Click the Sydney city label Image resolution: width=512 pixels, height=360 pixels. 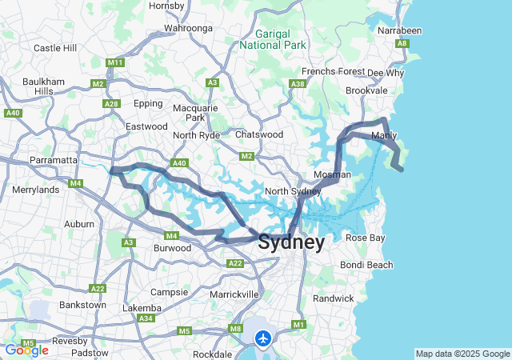point(291,242)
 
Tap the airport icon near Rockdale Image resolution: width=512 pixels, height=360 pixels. point(262,338)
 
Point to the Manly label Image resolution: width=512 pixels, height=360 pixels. point(385,136)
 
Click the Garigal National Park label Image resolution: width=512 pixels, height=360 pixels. point(273,39)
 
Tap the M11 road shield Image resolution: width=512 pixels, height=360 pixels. point(115,62)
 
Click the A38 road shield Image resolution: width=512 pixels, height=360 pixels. point(298,83)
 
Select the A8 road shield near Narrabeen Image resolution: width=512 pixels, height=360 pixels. point(402,43)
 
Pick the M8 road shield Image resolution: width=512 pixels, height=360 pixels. point(235,329)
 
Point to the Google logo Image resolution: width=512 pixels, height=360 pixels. point(26,350)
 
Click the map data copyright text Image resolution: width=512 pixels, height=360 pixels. point(462,354)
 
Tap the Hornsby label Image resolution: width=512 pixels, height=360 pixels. point(166,6)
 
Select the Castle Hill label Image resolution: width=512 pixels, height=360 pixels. point(55,48)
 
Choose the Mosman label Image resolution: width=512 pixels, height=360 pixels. point(333,174)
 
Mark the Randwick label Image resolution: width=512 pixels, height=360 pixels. point(333,298)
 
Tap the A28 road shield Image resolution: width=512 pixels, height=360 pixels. point(112,103)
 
